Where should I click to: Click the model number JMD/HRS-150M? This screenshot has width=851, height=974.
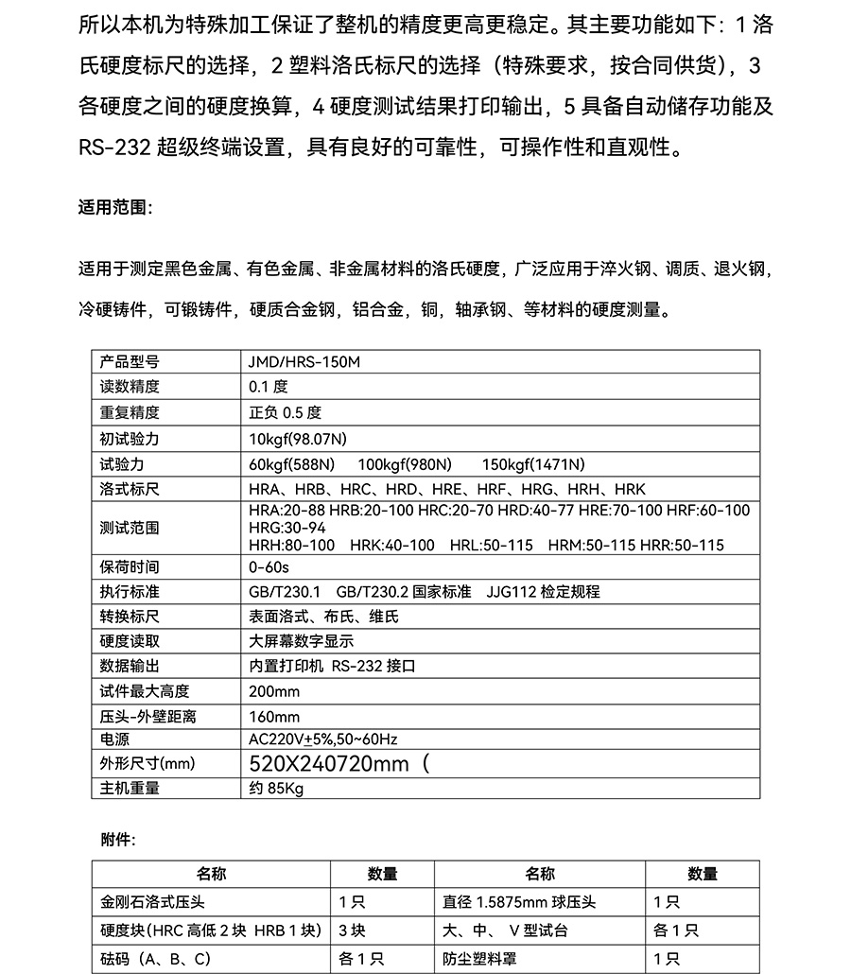coord(304,362)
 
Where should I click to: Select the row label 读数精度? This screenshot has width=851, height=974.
coord(130,387)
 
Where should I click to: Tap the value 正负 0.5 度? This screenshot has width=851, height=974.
coord(285,412)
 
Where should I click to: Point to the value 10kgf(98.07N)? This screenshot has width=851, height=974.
coord(298,439)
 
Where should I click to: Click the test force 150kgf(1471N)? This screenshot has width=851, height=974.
coord(533,464)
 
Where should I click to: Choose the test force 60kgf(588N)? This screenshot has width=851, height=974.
coord(291,464)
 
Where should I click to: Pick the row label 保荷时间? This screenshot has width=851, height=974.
coord(130,567)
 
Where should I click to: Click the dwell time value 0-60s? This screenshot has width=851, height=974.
coord(269,567)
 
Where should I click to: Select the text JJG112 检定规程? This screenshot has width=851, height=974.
coord(543,592)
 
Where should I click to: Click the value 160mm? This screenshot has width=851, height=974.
coord(274,717)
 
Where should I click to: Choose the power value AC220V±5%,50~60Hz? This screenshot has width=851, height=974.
coord(323,739)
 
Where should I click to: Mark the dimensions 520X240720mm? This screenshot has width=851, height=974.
coord(330,764)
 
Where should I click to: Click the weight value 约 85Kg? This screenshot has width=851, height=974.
coord(276,789)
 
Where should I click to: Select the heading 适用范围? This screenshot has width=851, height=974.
coord(114,207)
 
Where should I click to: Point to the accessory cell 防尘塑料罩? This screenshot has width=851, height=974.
coord(480,959)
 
